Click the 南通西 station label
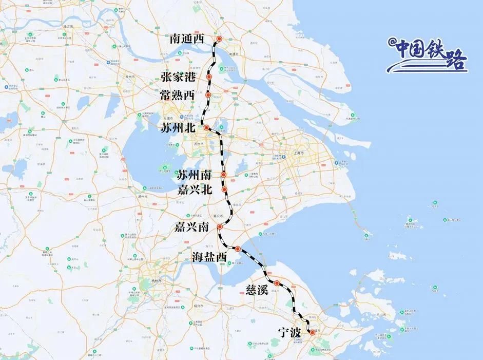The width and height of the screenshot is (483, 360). click(x=187, y=39)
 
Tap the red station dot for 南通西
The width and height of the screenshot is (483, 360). click(x=219, y=39)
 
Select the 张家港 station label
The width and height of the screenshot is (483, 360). click(x=178, y=77)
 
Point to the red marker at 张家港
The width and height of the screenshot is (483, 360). click(x=209, y=77)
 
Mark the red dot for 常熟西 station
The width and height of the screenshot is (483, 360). click(x=208, y=95)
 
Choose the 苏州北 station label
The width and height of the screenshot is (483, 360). click(x=177, y=127)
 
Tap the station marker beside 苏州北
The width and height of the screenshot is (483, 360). click(x=206, y=127)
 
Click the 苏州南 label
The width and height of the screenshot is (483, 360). click(x=194, y=175)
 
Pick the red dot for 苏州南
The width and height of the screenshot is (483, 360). click(x=224, y=175)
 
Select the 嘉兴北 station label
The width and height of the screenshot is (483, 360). click(x=194, y=190)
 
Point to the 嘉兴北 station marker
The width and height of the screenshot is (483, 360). click(x=225, y=190)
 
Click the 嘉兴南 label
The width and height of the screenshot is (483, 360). click(x=191, y=227)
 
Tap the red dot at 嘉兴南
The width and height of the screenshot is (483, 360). click(x=220, y=227)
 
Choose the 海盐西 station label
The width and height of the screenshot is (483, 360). click(x=209, y=256)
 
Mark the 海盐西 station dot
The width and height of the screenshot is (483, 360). click(x=238, y=249)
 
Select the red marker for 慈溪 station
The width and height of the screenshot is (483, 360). click(x=277, y=283)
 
